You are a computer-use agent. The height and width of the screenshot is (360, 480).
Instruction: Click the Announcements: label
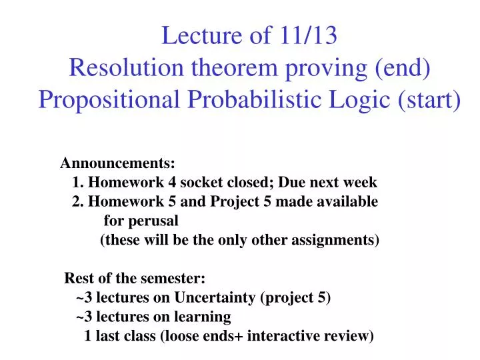(x=118, y=163)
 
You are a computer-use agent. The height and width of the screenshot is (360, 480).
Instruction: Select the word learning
(x=205, y=317)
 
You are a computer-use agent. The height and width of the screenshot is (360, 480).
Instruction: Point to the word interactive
(x=280, y=336)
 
